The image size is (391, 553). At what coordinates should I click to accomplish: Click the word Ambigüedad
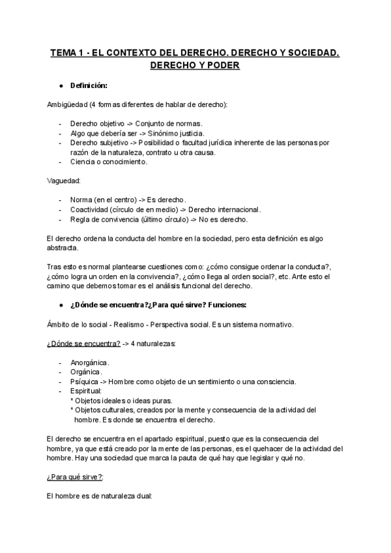click(68, 104)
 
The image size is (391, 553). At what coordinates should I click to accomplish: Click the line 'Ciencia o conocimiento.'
click(109, 162)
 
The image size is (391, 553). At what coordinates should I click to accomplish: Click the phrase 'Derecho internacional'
click(224, 209)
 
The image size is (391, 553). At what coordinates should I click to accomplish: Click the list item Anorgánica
click(90, 362)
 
